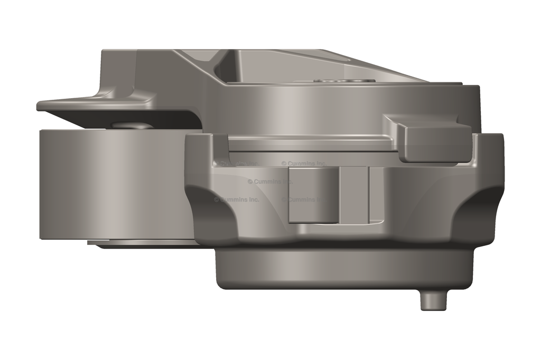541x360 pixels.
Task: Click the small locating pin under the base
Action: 433,300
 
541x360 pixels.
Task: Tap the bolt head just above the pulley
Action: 129,125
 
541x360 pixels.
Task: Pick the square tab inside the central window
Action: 313,195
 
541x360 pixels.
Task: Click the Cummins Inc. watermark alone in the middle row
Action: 269,182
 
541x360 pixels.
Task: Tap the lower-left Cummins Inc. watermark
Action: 236,200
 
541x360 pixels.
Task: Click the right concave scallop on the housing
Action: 475,211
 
